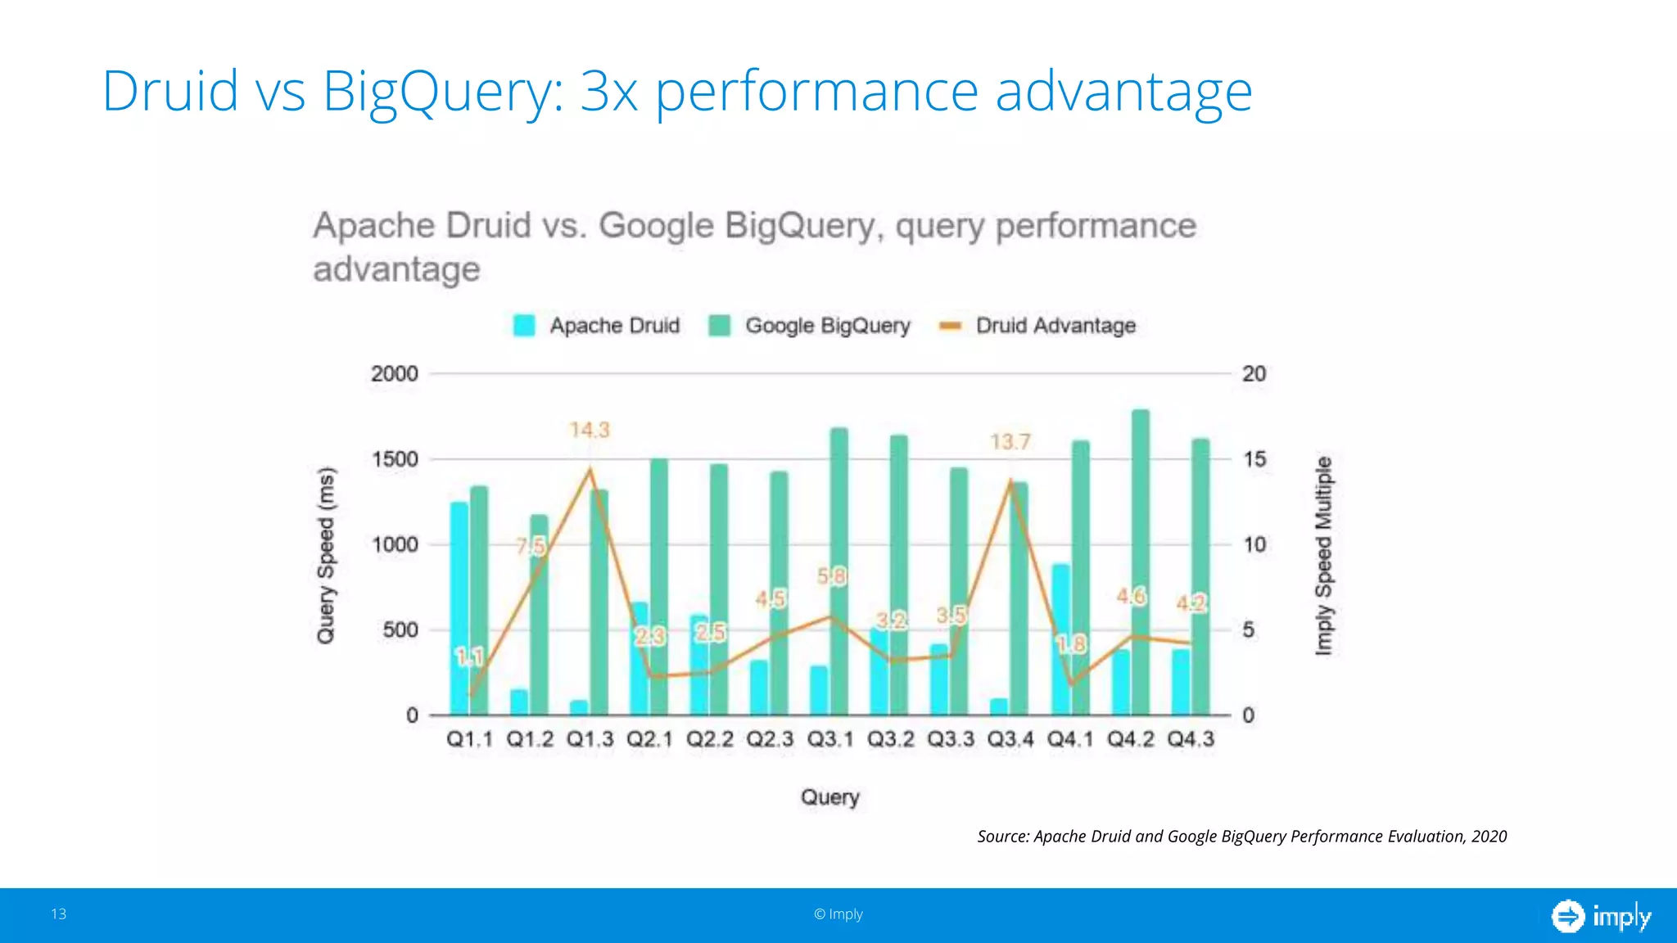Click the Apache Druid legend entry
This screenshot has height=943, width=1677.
597,326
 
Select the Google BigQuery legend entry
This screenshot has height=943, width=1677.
810,326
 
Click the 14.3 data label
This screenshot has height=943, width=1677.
590,430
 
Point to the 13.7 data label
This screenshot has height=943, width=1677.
1010,442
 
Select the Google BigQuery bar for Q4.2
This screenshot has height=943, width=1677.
1141,565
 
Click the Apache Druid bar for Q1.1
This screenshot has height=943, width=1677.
459,610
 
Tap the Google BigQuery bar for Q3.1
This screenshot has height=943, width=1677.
839,573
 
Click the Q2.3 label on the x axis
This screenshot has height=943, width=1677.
770,739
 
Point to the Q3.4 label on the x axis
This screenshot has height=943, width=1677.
1010,739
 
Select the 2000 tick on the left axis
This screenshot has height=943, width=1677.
395,374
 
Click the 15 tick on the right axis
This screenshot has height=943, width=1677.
1254,459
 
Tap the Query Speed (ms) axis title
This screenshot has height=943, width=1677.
326,556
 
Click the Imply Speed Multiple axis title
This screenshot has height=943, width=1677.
1323,556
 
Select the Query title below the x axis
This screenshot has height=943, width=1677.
829,797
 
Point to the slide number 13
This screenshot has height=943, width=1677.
59,914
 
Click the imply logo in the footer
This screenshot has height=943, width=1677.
1601,916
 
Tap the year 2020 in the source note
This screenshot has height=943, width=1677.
1489,837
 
